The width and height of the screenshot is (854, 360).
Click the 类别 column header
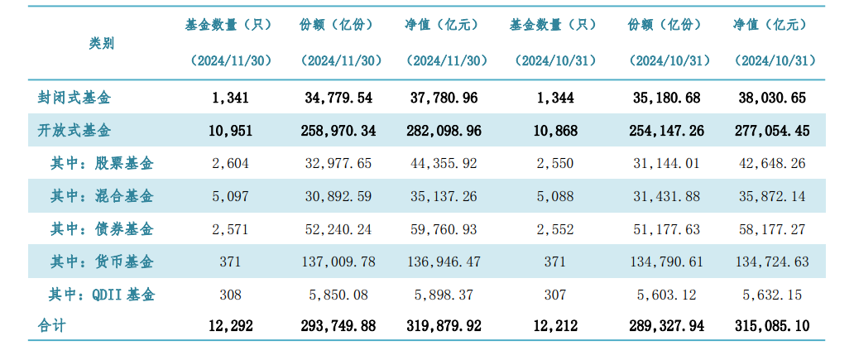102,43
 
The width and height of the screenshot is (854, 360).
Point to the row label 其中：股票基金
102,163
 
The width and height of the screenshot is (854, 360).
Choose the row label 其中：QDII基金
103,294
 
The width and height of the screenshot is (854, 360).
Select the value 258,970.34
339,130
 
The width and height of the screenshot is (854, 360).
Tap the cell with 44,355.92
444,163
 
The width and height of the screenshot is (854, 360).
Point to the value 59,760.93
444,228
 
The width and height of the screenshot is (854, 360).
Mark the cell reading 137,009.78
339,262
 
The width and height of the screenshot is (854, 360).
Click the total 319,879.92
444,326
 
